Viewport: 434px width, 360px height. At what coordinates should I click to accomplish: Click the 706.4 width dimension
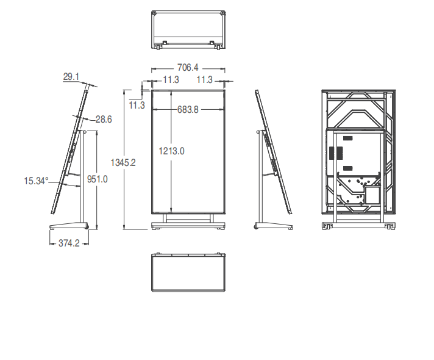(188, 67)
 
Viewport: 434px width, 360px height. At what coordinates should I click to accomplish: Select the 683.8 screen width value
(188, 109)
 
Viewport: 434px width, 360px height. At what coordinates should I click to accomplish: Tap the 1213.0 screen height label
(171, 151)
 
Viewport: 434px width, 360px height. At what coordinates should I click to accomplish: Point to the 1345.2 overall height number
(123, 162)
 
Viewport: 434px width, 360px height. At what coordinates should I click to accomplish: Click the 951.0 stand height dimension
(97, 179)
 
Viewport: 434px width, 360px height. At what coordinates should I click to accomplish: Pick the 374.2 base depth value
(69, 243)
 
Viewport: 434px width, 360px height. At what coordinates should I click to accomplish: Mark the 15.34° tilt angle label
(36, 181)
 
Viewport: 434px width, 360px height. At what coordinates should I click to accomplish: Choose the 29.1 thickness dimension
(71, 76)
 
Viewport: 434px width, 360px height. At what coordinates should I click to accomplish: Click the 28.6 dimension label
(104, 119)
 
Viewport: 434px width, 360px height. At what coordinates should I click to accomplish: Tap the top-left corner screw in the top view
(154, 13)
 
